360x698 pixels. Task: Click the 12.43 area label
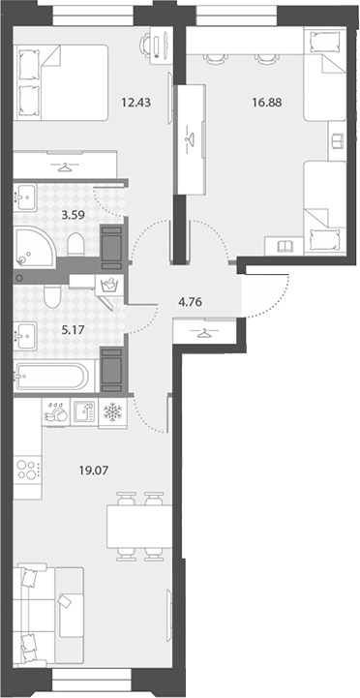[x=136, y=103]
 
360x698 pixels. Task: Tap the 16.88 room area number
[x=266, y=103]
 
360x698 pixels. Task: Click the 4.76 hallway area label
[x=190, y=303]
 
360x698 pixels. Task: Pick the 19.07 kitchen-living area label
[x=94, y=470]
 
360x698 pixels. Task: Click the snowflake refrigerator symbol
[x=112, y=412]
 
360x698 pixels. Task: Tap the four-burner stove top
[x=27, y=470]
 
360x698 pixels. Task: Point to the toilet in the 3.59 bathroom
[x=76, y=244]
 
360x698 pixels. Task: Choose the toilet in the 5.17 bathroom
[x=52, y=297]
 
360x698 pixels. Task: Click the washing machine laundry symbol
[x=109, y=285]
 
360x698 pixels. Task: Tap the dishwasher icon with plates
[x=56, y=412]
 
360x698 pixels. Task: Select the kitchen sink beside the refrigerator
[x=83, y=412]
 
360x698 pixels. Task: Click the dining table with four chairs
[x=139, y=527]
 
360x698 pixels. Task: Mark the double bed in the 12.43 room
[x=61, y=82]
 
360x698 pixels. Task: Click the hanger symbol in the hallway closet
[x=203, y=332]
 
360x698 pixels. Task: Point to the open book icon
[x=285, y=246]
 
